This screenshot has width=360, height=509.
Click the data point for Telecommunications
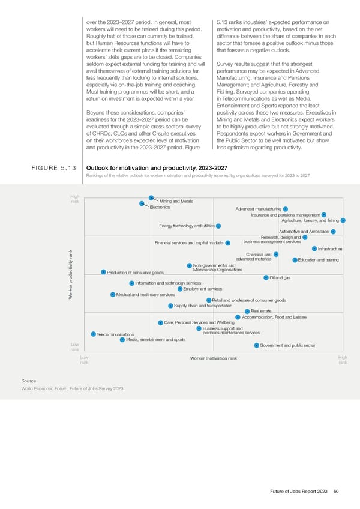[x=93, y=334]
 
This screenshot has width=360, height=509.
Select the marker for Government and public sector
[x=256, y=345]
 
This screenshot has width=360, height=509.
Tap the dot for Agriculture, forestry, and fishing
[x=343, y=220]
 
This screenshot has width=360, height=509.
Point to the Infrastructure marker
[x=314, y=248]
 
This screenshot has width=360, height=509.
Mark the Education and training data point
[x=295, y=259]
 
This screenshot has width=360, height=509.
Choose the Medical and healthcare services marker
[x=113, y=294]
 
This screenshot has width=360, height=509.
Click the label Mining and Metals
[x=177, y=200]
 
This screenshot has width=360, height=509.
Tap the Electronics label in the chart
[x=160, y=207]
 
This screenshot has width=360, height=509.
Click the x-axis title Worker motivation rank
[x=213, y=358]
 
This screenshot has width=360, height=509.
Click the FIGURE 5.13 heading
[x=53, y=169]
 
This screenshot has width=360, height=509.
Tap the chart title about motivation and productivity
[x=157, y=168]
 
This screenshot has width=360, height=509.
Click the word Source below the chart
[x=28, y=381]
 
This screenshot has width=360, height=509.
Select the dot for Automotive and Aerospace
[x=333, y=232]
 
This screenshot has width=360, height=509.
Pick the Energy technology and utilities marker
[x=218, y=226]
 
